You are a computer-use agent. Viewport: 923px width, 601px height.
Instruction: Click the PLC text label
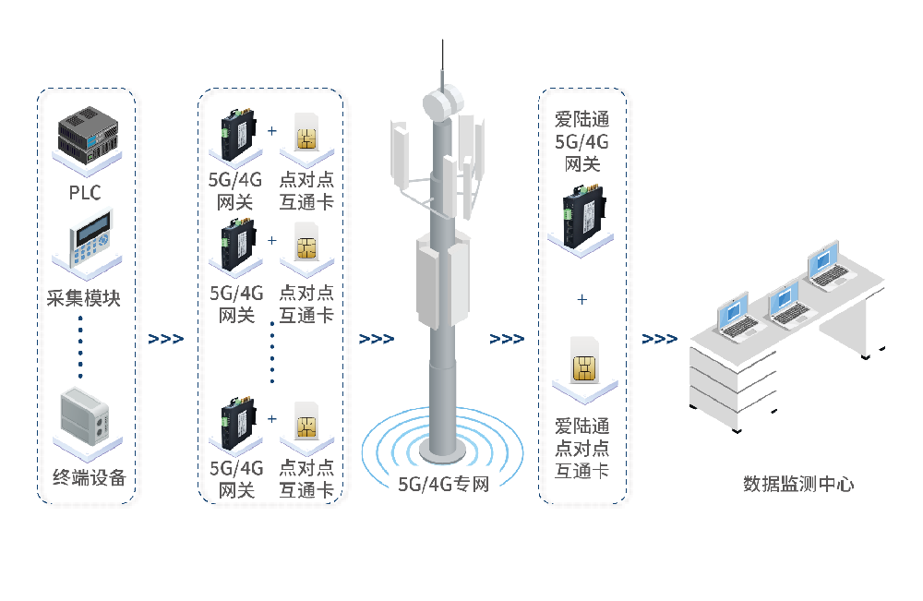point(84,192)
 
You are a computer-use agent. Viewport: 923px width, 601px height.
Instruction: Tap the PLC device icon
point(89,137)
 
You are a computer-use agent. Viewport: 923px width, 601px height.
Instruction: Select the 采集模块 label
point(84,299)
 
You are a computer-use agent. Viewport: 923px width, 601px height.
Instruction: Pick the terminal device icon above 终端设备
point(86,420)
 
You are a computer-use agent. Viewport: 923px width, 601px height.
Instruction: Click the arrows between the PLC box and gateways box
point(166,339)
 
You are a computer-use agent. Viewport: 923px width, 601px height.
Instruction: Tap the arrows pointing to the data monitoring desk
point(659,339)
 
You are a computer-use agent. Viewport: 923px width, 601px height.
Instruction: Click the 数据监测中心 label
point(798,483)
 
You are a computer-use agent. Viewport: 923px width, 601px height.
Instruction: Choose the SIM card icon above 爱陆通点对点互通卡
point(583,363)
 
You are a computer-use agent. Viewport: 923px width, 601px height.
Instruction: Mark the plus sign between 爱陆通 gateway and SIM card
point(581,300)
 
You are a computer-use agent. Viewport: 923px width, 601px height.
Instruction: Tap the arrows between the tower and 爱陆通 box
point(507,339)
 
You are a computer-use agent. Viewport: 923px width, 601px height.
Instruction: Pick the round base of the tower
point(443,451)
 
